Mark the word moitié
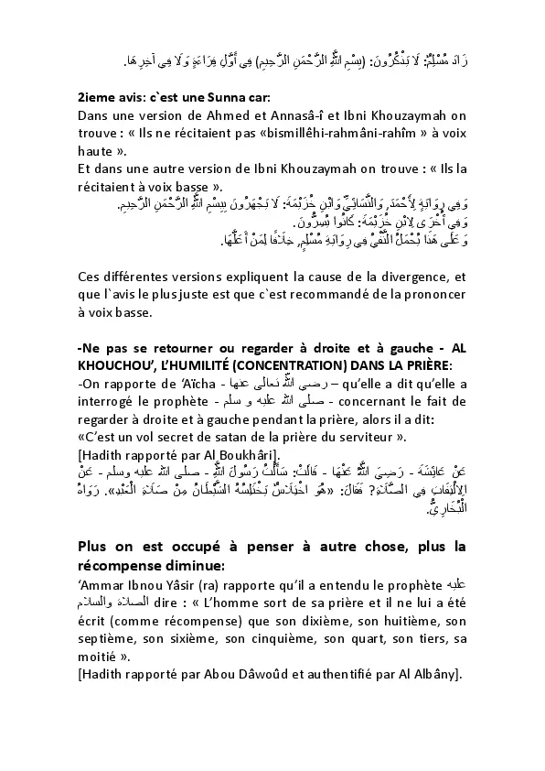coord(100,658)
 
